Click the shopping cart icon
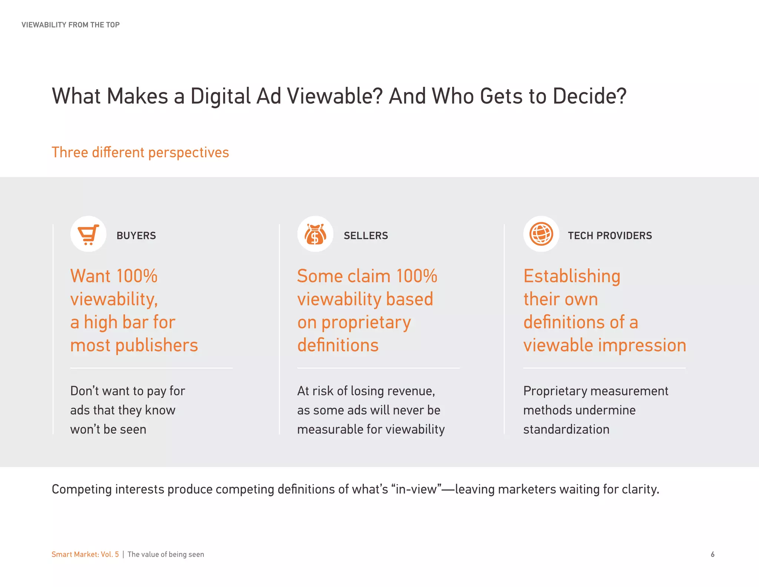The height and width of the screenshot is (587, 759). tap(89, 234)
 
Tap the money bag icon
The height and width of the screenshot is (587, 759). tap(315, 234)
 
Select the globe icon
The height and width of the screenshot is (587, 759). tap(541, 234)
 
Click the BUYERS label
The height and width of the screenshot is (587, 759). tap(136, 236)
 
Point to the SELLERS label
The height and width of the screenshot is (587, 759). tap(366, 236)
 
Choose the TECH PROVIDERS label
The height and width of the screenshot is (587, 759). tap(610, 236)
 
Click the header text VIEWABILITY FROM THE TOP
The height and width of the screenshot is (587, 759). tap(70, 25)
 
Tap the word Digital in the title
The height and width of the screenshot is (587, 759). tap(221, 96)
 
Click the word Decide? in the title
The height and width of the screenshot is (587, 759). tap(589, 96)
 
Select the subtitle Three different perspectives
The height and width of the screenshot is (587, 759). tap(140, 153)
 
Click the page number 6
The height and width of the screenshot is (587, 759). tap(712, 554)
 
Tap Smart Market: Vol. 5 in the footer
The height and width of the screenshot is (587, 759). tap(85, 554)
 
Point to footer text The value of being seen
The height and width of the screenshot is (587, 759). tap(166, 554)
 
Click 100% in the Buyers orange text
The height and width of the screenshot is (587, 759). tap(137, 276)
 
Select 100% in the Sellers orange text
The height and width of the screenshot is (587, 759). tap(417, 276)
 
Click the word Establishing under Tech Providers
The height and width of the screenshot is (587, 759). tap(572, 276)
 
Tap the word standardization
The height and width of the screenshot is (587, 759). tap(566, 429)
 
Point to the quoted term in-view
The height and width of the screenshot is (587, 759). tap(416, 489)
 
